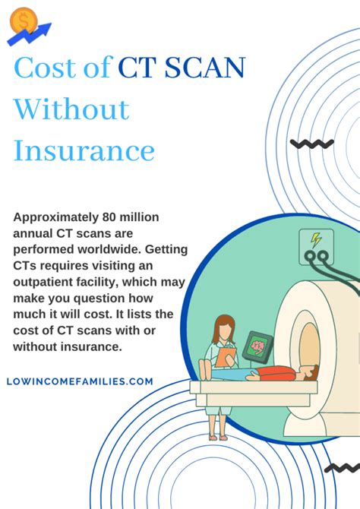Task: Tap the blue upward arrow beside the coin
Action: (x=38, y=33)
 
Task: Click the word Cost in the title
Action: (x=46, y=68)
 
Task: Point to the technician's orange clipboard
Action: (x=226, y=354)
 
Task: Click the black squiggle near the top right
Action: (x=311, y=144)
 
